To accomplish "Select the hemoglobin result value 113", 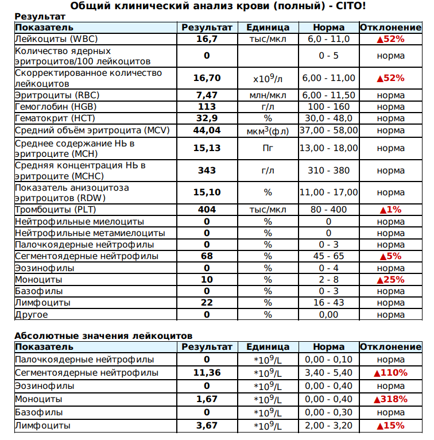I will click(207, 107).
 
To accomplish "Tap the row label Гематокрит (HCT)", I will click(55, 118).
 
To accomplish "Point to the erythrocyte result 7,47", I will click(207, 95).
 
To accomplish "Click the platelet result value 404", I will click(207, 210).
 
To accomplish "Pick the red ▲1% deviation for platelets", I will click(390, 210).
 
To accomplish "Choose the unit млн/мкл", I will click(268, 95).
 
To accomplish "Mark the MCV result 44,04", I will click(207, 130).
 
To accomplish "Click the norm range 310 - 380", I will click(328, 171).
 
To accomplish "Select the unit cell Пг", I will click(268, 148).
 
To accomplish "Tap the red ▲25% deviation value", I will click(390, 280).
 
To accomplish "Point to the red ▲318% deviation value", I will click(390, 399).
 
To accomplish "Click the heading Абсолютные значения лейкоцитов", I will click(103, 335).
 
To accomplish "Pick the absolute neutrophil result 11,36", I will click(207, 373).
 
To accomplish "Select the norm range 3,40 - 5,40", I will click(328, 373).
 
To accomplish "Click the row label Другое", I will click(31, 315).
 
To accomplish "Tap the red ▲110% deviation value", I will click(390, 373).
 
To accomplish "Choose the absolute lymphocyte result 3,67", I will click(207, 426).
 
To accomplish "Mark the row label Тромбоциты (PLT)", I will click(52, 210).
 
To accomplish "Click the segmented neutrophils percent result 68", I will click(207, 256).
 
